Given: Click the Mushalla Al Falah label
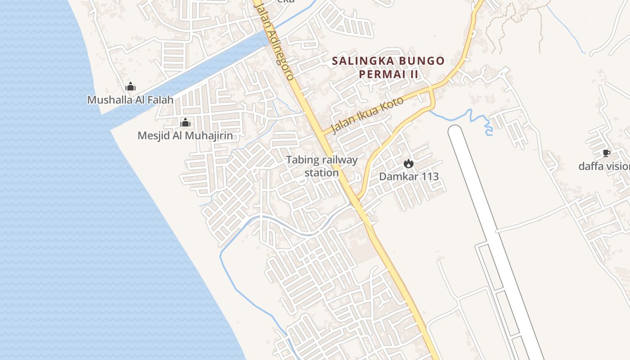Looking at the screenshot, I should click(x=130, y=99).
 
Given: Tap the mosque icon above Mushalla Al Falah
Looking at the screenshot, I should click(x=130, y=86).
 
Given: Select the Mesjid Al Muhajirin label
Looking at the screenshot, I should click(x=185, y=135).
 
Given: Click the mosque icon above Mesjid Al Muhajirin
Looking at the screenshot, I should click(x=185, y=122).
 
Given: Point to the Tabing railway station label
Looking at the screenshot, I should click(x=322, y=166).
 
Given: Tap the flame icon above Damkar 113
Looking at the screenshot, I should click(x=409, y=164).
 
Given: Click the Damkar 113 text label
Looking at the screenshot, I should click(x=409, y=176).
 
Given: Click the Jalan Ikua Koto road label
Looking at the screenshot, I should click(x=367, y=115).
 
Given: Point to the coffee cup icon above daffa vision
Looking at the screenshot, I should click(x=606, y=153).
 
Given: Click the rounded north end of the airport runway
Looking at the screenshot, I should click(x=455, y=130).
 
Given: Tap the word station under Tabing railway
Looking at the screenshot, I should click(x=321, y=173).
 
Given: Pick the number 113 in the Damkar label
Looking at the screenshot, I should click(x=429, y=176).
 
